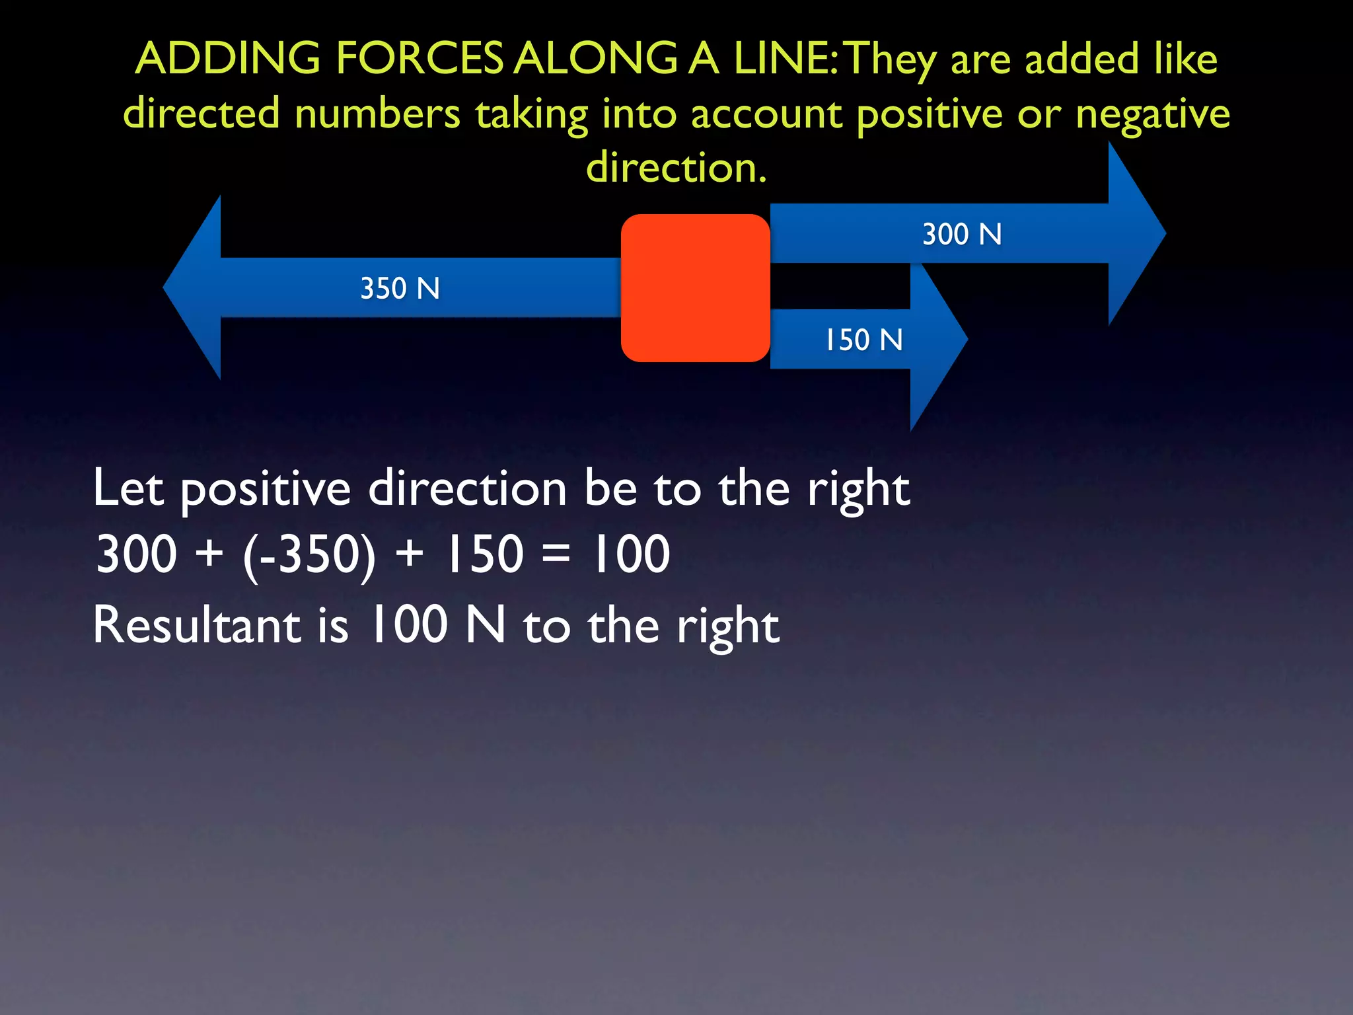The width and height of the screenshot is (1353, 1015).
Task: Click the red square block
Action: click(695, 288)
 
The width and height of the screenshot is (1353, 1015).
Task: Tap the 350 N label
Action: click(400, 289)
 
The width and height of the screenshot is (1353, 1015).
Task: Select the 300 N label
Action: click(962, 235)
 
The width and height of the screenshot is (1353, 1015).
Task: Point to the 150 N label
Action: click(863, 340)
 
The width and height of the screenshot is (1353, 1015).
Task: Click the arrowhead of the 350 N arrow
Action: click(195, 287)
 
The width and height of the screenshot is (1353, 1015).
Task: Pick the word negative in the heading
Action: click(1152, 114)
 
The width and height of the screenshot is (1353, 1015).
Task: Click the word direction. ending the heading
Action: click(676, 167)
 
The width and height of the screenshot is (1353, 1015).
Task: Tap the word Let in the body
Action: click(128, 489)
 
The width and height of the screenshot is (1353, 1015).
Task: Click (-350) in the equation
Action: click(309, 555)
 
